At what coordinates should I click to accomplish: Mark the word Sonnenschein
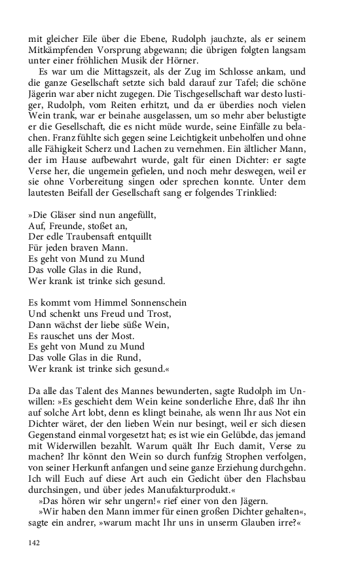(x=155, y=302)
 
